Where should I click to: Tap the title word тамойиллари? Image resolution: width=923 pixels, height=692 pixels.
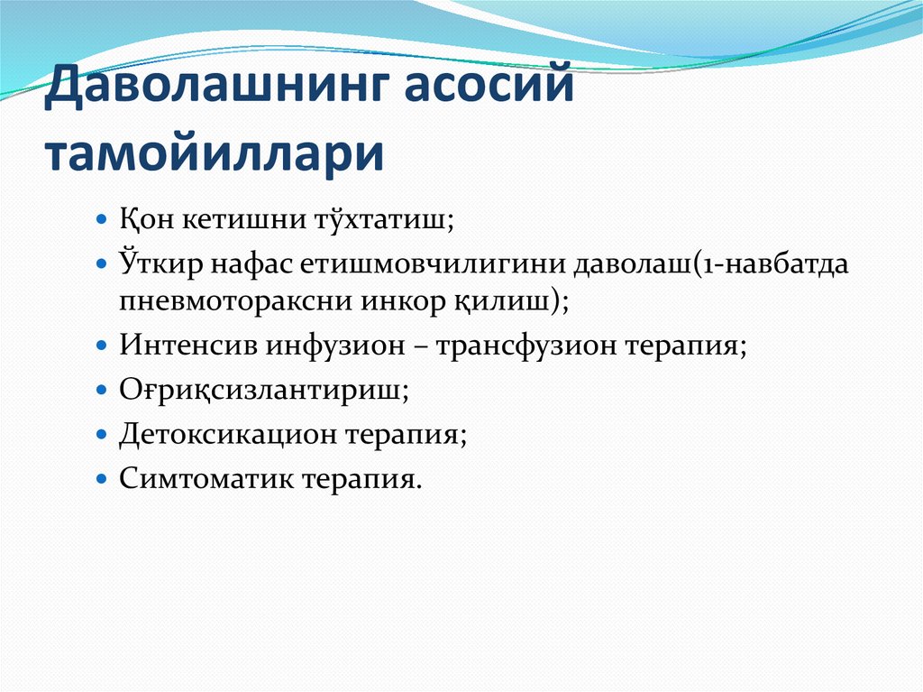tap(215, 154)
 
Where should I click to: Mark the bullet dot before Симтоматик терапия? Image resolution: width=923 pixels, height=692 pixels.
tap(102, 478)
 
